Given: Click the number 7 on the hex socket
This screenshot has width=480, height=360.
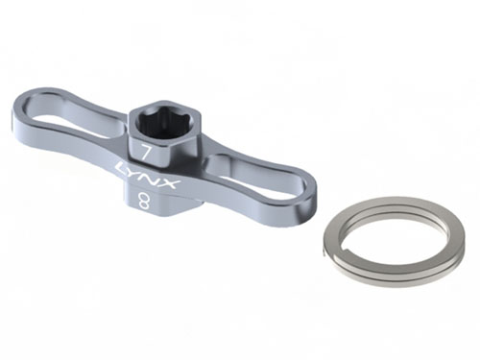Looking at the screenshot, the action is pyautogui.click(x=146, y=154).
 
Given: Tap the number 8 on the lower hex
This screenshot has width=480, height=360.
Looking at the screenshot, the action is pyautogui.click(x=143, y=202).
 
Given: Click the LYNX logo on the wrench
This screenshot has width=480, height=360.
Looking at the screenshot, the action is pyautogui.click(x=147, y=177).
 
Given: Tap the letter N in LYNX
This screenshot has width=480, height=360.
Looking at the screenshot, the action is pyautogui.click(x=155, y=179).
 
